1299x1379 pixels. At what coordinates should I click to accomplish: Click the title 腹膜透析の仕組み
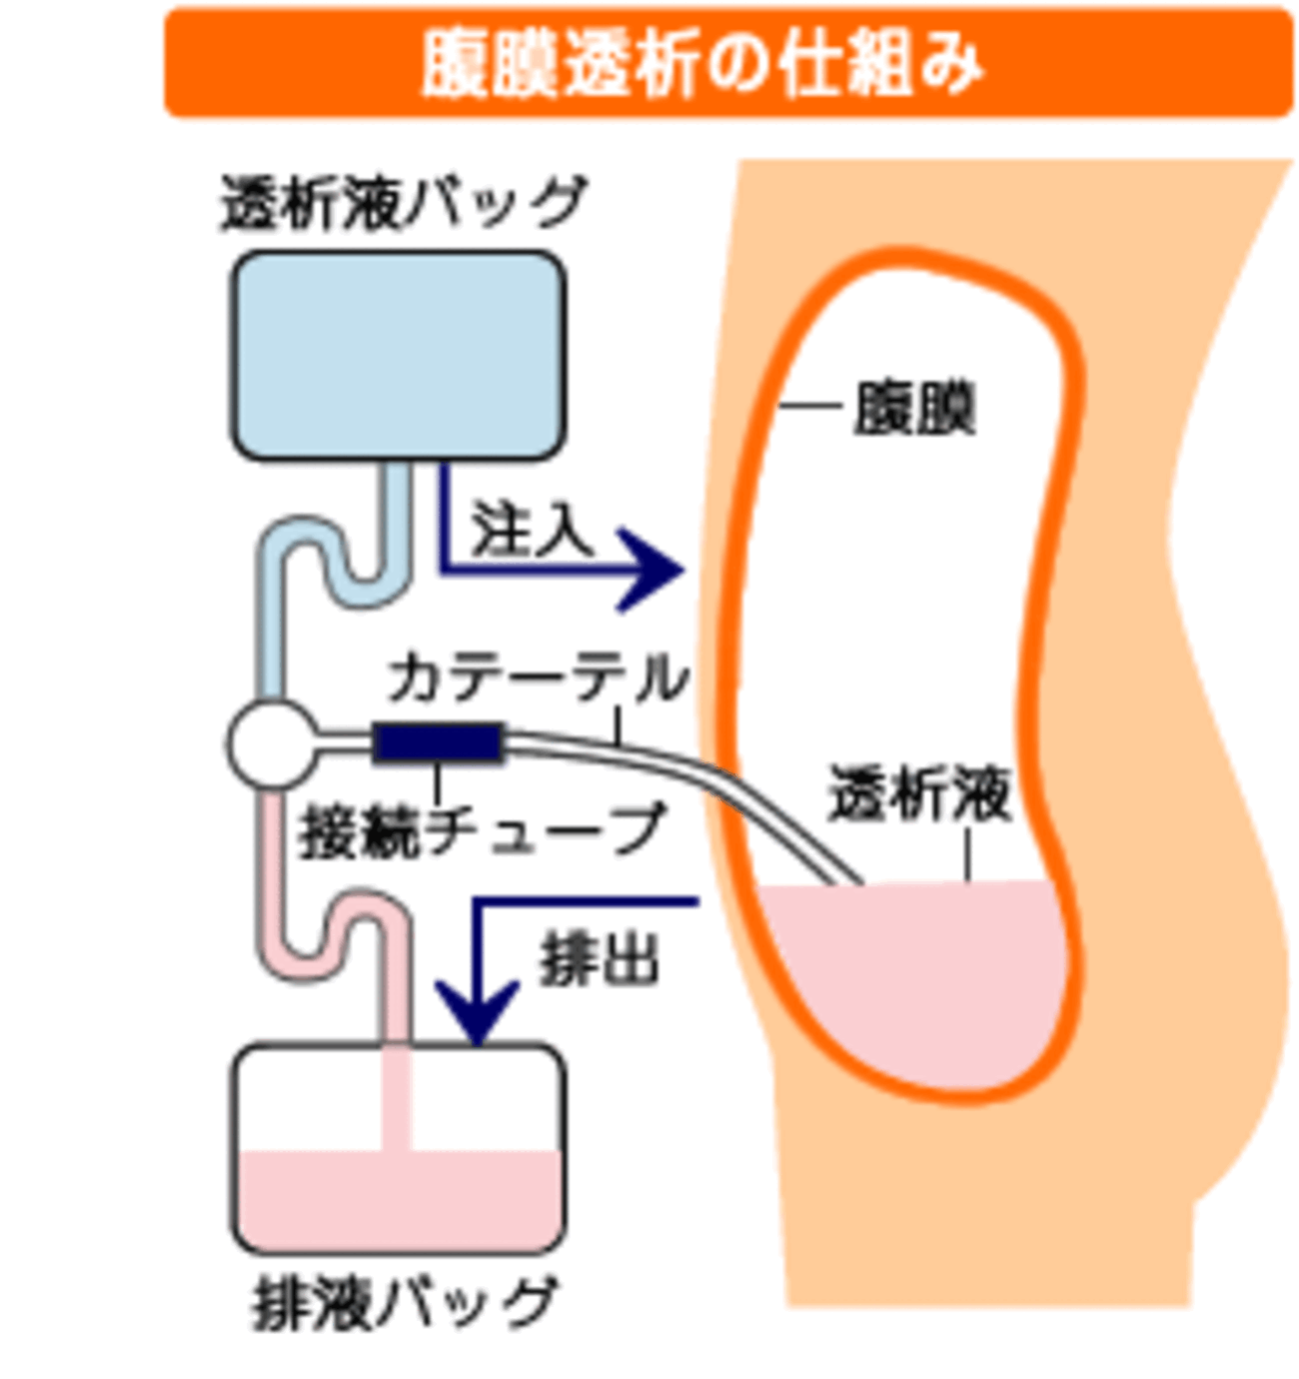point(702,63)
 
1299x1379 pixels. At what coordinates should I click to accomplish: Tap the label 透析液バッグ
point(401,203)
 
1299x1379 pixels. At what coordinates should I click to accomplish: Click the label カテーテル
point(538,679)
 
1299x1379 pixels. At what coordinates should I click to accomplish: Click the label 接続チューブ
point(482,829)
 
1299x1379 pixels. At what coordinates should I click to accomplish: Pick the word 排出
point(600,960)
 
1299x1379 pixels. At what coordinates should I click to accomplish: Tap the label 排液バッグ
point(403,1303)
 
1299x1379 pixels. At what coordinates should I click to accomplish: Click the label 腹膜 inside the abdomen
point(913,408)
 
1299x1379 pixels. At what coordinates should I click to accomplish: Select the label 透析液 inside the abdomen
point(919,794)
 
